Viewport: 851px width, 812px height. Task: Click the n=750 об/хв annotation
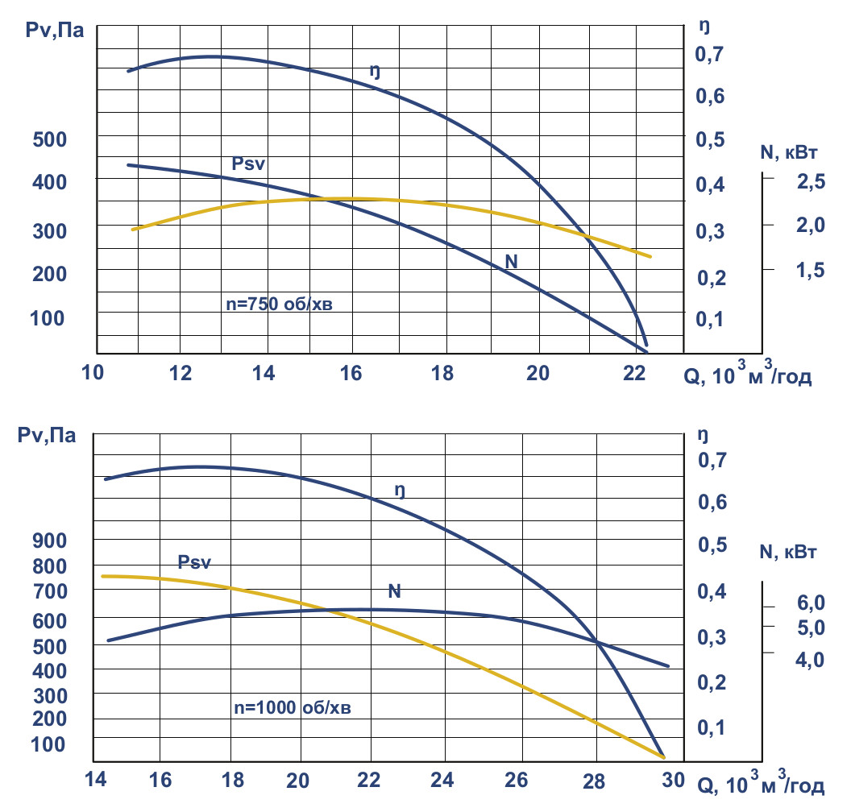288,305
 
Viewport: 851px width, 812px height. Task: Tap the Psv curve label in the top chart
249,164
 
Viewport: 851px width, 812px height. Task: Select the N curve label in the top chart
511,261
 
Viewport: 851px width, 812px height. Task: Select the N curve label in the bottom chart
395,591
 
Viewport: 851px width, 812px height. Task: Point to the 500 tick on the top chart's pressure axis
48,139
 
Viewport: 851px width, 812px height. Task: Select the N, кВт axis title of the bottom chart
788,553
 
